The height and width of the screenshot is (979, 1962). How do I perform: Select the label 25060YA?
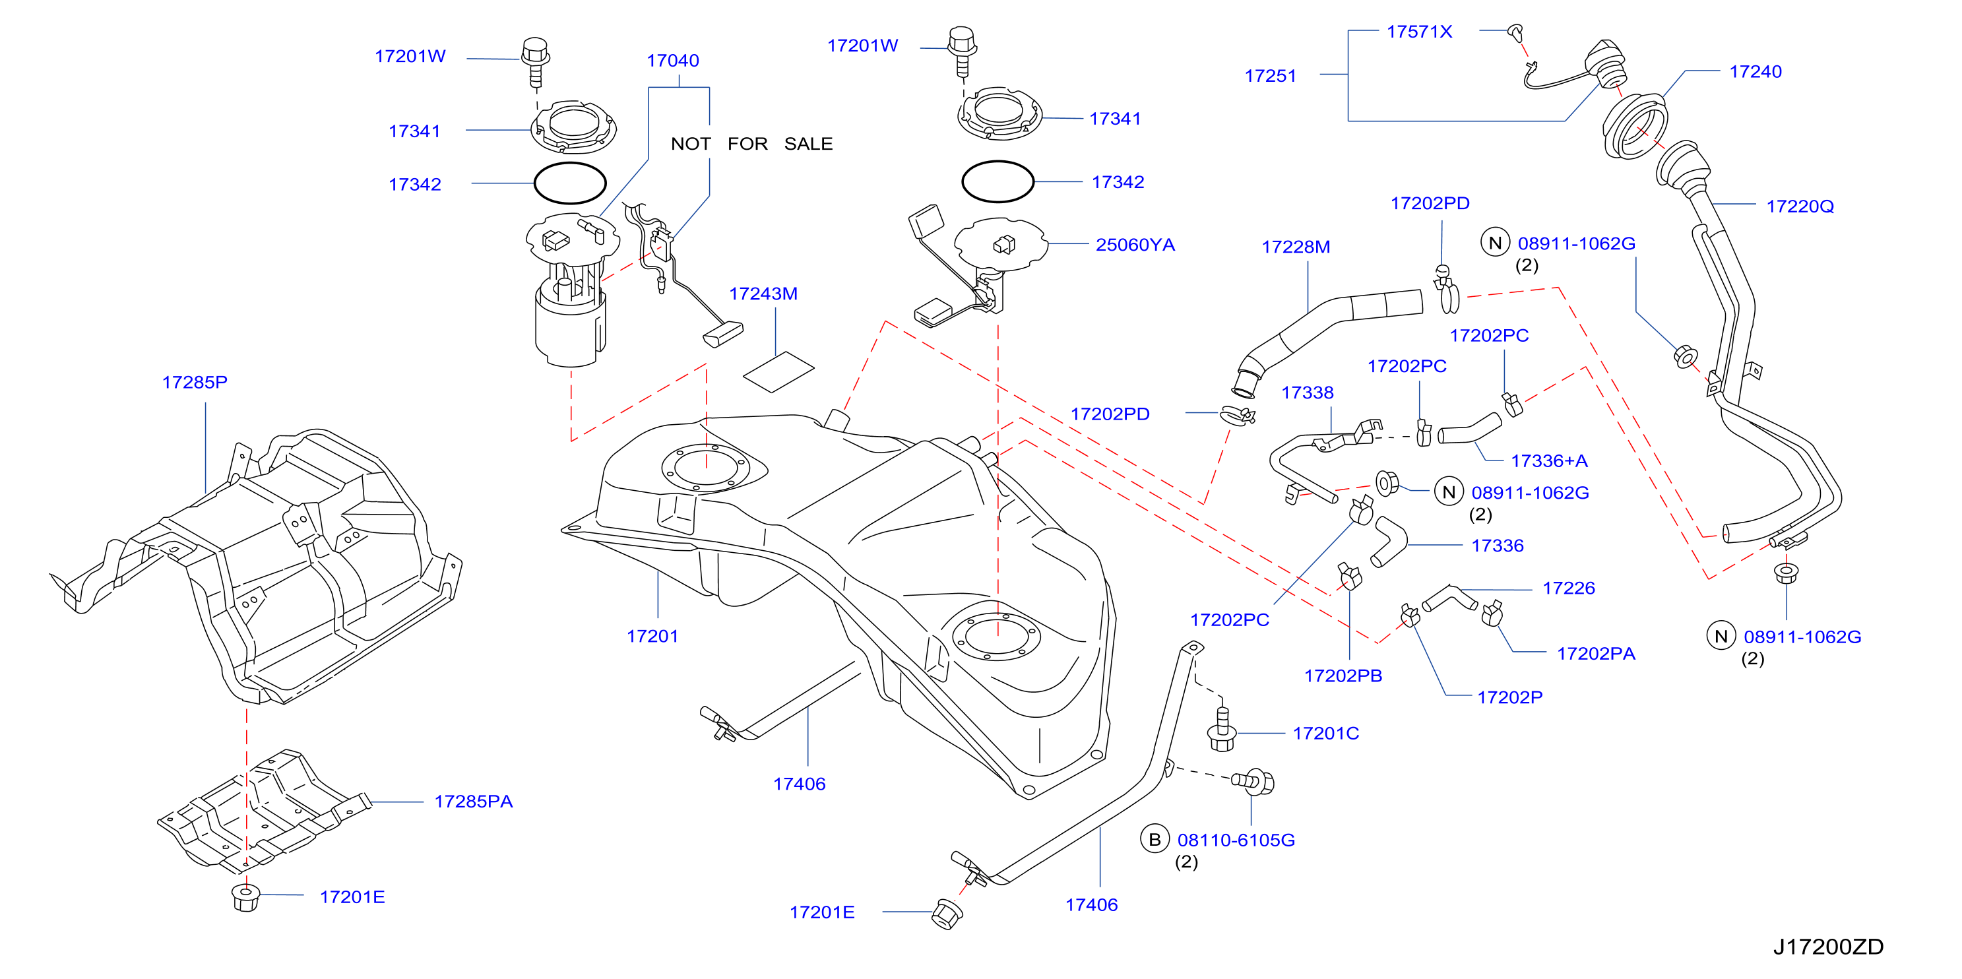point(1135,245)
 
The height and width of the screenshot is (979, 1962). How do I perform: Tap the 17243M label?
point(763,294)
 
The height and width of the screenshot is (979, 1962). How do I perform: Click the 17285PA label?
point(473,801)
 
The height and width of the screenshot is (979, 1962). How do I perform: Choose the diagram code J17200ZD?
point(1828,946)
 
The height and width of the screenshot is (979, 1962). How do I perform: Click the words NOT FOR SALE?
point(751,143)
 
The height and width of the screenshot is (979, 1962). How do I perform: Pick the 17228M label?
point(1296,247)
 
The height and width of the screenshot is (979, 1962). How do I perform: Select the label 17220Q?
point(1800,206)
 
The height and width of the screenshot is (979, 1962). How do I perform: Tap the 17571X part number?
point(1419,31)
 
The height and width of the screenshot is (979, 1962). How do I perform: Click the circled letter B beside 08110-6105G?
point(1155,839)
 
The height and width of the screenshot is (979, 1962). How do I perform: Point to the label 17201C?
point(1325,733)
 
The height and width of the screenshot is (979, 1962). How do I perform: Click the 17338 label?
point(1307,393)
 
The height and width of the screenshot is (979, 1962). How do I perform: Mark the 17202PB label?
point(1343,675)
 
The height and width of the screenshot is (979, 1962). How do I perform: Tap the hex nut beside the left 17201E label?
point(245,897)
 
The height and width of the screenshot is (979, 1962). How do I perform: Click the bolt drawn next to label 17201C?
point(1222,730)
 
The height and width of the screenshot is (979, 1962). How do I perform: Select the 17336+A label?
point(1548,460)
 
